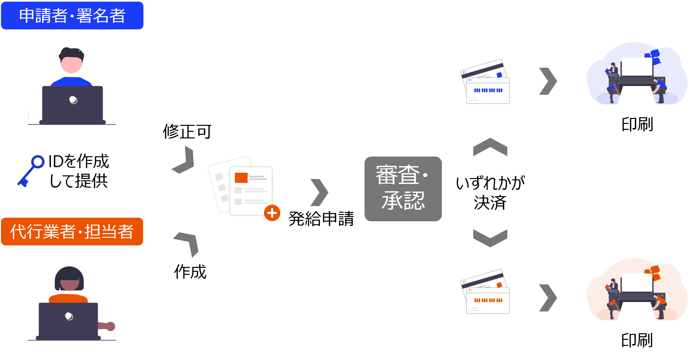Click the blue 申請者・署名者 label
pyautogui.click(x=72, y=16)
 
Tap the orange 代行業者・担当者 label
pyautogui.click(x=72, y=232)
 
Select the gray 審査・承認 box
pyautogui.click(x=403, y=189)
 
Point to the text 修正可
pyautogui.click(x=187, y=131)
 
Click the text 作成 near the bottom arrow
pyautogui.click(x=190, y=272)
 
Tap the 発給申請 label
pyautogui.click(x=321, y=219)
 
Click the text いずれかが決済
pyautogui.click(x=490, y=193)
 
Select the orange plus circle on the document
pyautogui.click(x=272, y=213)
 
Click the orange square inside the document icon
pyautogui.click(x=241, y=178)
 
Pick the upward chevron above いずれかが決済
pyautogui.click(x=490, y=147)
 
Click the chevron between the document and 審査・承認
pyautogui.click(x=319, y=193)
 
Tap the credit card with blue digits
pyautogui.click(x=485, y=83)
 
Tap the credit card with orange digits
pyautogui.click(x=485, y=292)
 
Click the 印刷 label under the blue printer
pyautogui.click(x=637, y=125)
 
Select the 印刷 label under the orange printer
pyautogui.click(x=637, y=341)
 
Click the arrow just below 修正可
pyautogui.click(x=184, y=160)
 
